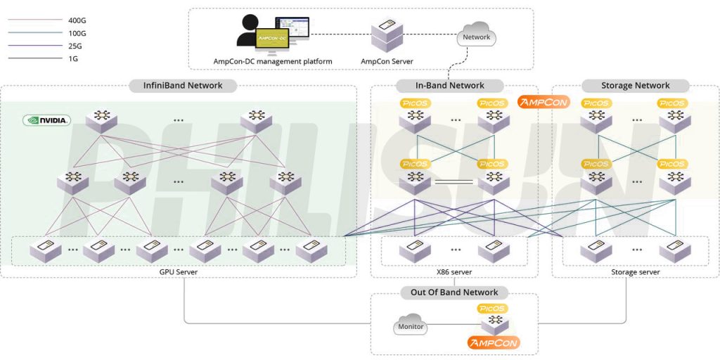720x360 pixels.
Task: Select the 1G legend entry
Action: (74, 59)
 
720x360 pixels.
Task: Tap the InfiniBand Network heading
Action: (183, 86)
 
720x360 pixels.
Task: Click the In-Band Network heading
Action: (450, 86)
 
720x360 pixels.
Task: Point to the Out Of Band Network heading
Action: (454, 292)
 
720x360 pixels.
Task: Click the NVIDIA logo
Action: (47, 120)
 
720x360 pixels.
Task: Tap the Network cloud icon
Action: (476, 37)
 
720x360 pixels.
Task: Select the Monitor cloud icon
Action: (411, 327)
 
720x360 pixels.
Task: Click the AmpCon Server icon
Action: (387, 34)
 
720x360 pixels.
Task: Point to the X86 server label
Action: (454, 272)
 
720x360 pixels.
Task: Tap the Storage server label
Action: (635, 272)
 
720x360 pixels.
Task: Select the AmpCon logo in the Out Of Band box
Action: (493, 343)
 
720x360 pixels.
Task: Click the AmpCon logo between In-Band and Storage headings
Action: (543, 102)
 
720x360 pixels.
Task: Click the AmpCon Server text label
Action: (387, 61)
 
